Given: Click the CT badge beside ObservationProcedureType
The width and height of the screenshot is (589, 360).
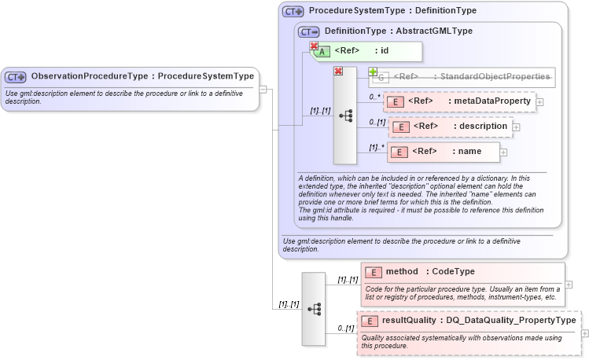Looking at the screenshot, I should (16, 77).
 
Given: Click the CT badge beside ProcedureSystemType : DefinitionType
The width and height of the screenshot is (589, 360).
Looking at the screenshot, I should (293, 12).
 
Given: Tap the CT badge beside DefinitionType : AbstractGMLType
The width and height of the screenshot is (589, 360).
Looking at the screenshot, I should (309, 31).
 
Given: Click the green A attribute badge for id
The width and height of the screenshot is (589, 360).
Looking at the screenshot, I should (322, 52).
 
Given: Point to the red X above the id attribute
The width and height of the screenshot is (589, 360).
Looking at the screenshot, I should (314, 46).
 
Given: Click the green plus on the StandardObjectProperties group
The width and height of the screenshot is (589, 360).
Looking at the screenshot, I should (373, 72).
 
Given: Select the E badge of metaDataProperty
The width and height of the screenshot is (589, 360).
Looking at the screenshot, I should (396, 101).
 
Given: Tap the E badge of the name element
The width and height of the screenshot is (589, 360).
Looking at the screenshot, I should (399, 152).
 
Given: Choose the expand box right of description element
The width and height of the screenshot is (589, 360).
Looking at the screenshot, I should (516, 127).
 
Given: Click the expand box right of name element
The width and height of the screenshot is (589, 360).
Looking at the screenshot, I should (503, 152).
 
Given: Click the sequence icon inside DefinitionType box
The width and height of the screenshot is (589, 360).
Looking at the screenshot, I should (345, 115).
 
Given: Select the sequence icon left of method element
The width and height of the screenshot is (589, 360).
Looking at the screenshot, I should (314, 309).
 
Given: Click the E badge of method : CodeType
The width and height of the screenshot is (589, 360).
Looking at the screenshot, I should (374, 272).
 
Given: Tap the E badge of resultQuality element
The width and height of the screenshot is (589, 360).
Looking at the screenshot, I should (370, 321).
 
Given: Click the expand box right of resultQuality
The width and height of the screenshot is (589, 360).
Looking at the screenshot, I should (584, 333).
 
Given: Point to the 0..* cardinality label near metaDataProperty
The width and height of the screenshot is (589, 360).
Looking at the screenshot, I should (375, 97).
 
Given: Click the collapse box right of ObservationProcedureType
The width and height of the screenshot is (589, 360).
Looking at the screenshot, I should (264, 88).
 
